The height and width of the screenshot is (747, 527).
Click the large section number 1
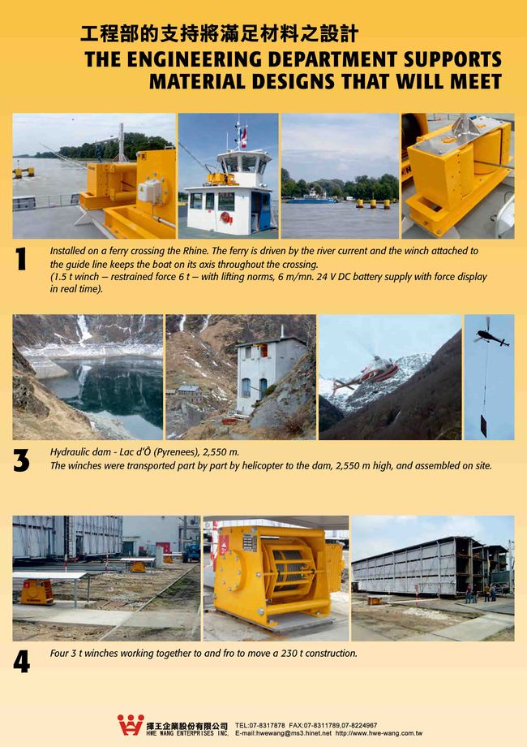coord(21,259)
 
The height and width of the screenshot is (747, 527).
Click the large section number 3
coord(21,460)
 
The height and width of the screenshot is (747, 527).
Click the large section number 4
coord(22,662)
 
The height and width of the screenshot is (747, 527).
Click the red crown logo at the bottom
coord(131,725)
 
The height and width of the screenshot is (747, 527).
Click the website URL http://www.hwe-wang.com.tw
coord(379,734)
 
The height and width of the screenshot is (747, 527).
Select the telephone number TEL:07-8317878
coord(260,726)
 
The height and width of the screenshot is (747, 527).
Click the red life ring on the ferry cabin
coord(226,218)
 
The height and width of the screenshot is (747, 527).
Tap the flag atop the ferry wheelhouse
coord(243,136)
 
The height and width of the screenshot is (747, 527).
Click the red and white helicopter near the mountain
coord(366,372)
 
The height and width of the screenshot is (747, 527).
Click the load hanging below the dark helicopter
coord(484,425)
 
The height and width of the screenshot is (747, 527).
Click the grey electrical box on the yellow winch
coord(150,190)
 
